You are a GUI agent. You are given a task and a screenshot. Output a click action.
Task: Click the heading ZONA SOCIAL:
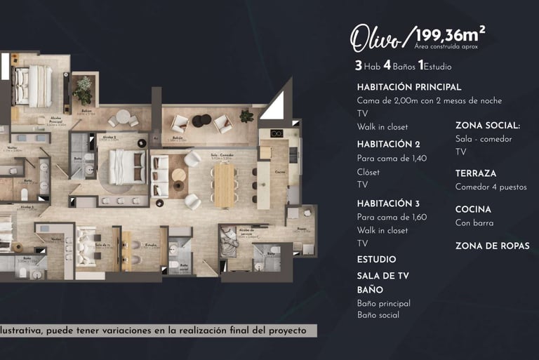pos(488,126)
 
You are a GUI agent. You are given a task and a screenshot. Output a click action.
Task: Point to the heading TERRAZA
pos(475,173)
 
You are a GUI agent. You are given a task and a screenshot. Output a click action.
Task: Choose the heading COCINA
pos(472,210)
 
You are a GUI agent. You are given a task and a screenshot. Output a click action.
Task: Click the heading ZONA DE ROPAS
pos(492,246)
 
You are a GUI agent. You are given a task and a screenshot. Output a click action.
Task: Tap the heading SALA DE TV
pos(382,274)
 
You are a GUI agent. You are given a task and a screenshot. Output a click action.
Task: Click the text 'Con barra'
pos(474,223)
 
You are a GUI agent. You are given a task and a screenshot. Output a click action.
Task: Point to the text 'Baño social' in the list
pos(378,315)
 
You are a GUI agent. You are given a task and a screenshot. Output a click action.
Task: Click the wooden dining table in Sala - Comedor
pos(222,185)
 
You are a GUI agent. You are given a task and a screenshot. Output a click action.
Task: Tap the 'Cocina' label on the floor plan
pos(279,171)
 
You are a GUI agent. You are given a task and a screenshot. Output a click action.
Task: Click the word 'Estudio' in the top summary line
pos(438,67)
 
